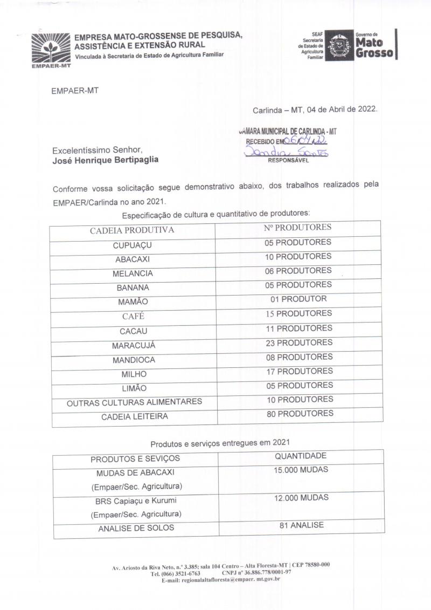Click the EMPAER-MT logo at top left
point(51,49)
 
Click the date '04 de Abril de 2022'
point(342,109)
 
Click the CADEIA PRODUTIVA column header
point(132,230)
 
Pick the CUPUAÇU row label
point(133,245)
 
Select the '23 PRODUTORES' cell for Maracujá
point(299,343)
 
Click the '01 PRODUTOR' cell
point(298,299)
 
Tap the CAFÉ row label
point(133,317)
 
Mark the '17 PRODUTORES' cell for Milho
point(299,371)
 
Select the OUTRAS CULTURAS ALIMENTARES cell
point(134,402)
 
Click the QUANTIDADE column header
point(301,456)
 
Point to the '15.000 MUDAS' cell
point(301,470)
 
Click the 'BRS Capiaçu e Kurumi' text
point(135,501)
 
